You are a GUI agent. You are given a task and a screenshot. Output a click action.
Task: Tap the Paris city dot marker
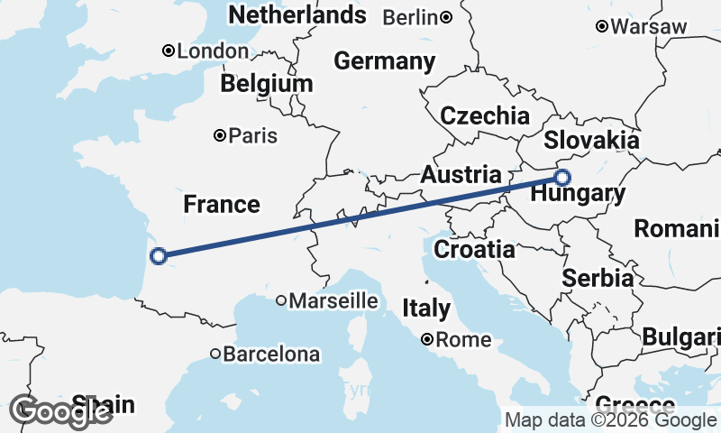point(219,136)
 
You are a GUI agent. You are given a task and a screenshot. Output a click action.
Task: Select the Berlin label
point(411,17)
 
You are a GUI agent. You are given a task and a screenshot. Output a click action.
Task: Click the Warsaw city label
point(648,26)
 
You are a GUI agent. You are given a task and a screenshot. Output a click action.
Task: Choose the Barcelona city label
point(271,355)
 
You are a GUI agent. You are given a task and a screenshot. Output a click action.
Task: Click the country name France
point(222,205)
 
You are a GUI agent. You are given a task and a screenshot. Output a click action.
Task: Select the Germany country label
point(385,61)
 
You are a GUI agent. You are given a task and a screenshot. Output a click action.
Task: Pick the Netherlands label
point(297,14)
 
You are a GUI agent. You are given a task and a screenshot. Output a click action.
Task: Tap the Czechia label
point(485,115)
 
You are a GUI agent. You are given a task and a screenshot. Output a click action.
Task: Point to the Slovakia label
point(591,141)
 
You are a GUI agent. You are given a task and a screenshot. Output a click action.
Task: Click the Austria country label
point(461,174)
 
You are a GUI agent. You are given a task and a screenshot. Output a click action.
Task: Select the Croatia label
point(474,249)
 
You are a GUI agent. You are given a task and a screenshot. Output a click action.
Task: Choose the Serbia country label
point(598,278)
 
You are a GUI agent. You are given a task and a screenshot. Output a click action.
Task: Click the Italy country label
point(426,308)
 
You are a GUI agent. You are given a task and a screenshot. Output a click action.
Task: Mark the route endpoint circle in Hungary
point(562,177)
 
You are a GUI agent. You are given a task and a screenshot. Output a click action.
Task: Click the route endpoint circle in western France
point(159,256)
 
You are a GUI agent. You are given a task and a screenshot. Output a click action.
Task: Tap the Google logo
point(60,411)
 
